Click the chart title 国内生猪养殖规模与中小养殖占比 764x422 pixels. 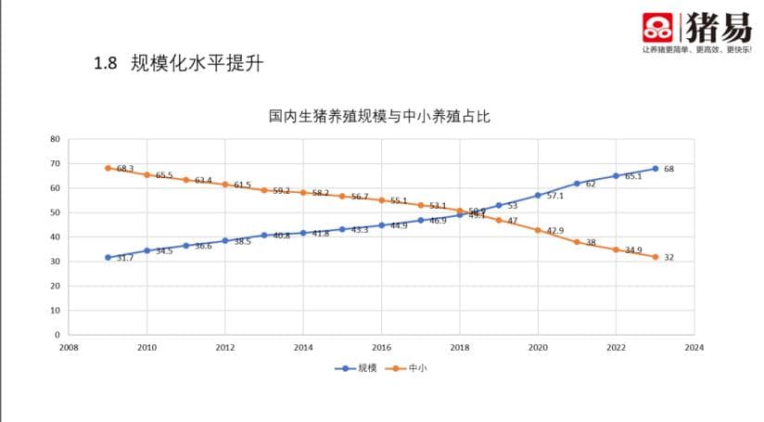pos(379,117)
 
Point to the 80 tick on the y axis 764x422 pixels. pos(55,139)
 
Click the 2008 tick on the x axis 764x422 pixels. pos(68,348)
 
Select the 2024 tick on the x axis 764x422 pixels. pos(694,348)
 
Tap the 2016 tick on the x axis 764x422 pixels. pos(381,348)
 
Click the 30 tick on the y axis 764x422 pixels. pos(55,262)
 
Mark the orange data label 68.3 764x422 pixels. pos(125,169)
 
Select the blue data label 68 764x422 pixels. pos(668,169)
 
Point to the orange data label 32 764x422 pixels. pos(668,257)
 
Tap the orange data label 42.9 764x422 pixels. pos(555,230)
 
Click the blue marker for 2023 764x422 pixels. pos(655,169)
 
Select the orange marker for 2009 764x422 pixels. pos(108,168)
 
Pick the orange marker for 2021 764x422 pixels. pos(577,242)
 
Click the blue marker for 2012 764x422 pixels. pos(225,240)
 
